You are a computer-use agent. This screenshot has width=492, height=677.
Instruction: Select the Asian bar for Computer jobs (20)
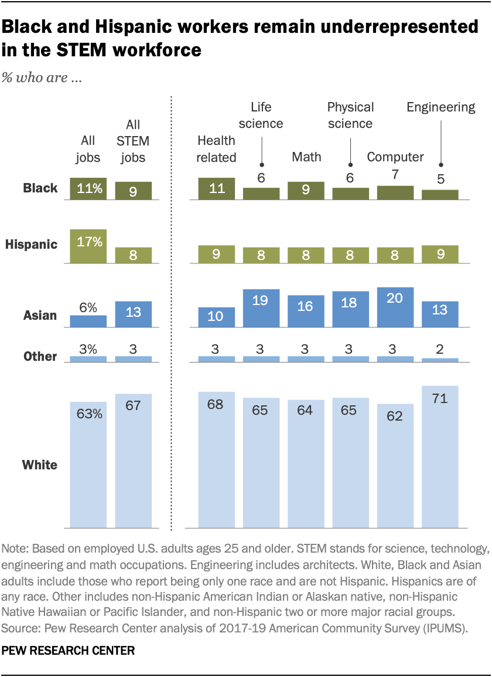[395, 305]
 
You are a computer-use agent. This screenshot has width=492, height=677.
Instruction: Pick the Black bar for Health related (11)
[216, 187]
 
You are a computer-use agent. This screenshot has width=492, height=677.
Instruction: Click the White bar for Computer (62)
[395, 466]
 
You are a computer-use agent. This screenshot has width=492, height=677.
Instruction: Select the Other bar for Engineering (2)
[440, 360]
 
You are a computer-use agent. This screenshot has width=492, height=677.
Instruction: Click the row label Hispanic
[32, 244]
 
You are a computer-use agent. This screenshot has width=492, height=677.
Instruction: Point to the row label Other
[40, 356]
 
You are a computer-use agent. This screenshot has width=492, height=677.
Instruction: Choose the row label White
[40, 465]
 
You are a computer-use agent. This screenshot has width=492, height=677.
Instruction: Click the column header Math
[306, 157]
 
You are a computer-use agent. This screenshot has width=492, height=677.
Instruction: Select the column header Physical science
[350, 115]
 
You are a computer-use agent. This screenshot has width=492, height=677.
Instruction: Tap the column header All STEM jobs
[133, 141]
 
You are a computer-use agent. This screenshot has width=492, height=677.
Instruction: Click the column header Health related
[216, 149]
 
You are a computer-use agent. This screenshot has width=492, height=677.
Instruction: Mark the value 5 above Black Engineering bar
[440, 180]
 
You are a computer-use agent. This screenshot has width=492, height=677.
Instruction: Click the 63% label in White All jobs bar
[88, 414]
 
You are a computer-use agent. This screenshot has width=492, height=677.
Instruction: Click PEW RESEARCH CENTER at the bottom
[69, 651]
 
